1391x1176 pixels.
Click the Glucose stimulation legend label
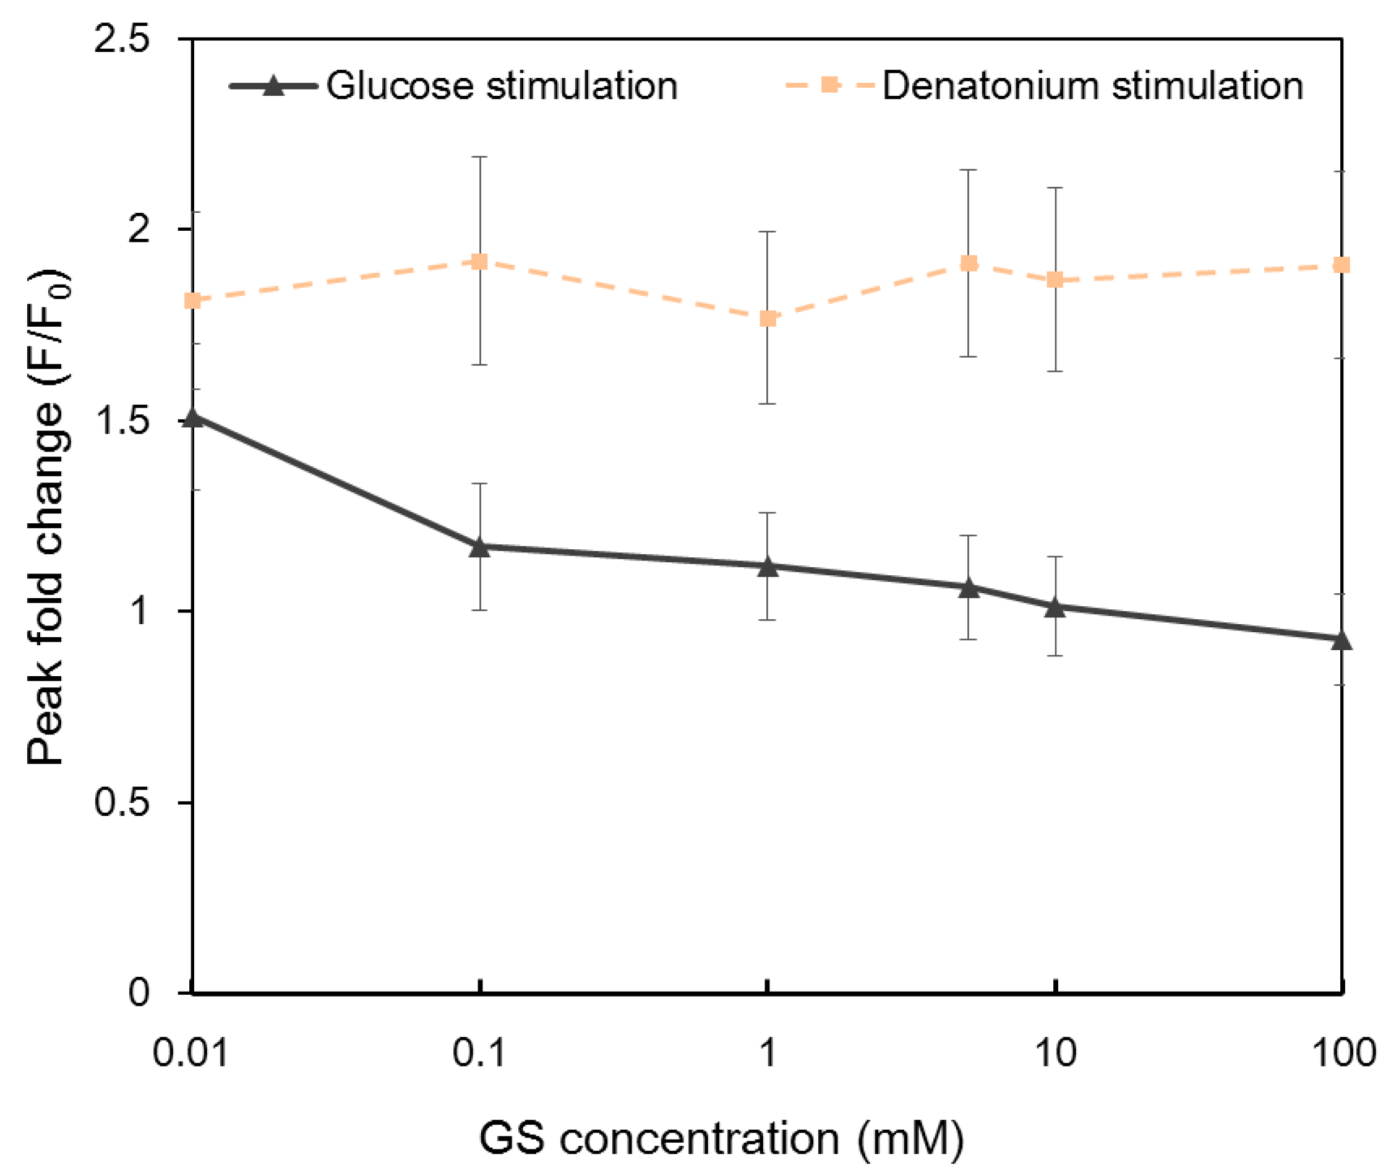click(501, 86)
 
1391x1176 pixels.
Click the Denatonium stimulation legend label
click(1092, 86)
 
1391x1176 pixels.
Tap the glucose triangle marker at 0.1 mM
click(479, 548)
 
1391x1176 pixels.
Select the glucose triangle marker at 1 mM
click(768, 567)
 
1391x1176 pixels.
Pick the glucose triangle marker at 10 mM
click(1055, 608)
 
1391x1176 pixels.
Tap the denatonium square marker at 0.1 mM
click(479, 261)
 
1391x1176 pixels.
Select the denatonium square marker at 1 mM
click(768, 319)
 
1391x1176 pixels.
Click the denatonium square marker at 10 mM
click(1055, 280)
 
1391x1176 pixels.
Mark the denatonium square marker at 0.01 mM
click(194, 301)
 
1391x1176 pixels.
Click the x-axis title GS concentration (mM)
click(721, 1138)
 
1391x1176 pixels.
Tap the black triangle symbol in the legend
click(273, 86)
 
